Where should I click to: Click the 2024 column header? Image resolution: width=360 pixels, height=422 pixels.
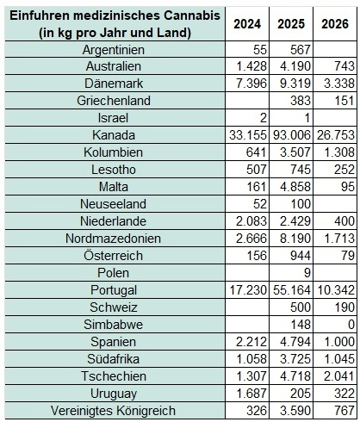point(247,24)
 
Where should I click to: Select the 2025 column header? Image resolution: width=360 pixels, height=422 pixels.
point(291,24)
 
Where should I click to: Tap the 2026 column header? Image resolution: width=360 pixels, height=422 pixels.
point(335,24)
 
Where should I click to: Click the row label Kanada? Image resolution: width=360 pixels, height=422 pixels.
point(114,135)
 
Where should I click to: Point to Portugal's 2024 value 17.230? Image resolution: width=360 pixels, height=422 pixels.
point(248,290)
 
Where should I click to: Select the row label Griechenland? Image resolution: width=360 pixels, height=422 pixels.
point(114,101)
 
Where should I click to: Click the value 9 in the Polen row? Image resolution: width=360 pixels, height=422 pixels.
point(307,273)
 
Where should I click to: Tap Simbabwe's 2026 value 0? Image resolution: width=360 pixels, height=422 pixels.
point(351,325)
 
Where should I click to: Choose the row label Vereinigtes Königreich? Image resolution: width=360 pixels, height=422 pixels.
point(113,411)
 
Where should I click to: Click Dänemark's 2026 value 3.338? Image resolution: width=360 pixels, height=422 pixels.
point(339,84)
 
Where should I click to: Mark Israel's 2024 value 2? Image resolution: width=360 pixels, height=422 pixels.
point(264,118)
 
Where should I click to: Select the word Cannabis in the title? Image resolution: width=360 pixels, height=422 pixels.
point(192,16)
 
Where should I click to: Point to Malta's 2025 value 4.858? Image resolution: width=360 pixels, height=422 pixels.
point(295,187)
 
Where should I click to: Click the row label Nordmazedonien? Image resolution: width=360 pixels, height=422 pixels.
point(113,239)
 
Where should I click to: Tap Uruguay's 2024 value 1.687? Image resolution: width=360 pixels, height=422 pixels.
point(251,394)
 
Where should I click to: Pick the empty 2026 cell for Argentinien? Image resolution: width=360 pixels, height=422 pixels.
point(335,49)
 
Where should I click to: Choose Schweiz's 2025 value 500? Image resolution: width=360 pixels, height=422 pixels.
point(301,307)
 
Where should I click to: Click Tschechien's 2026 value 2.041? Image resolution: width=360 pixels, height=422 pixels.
point(339,376)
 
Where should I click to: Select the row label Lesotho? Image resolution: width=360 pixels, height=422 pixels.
point(114,170)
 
